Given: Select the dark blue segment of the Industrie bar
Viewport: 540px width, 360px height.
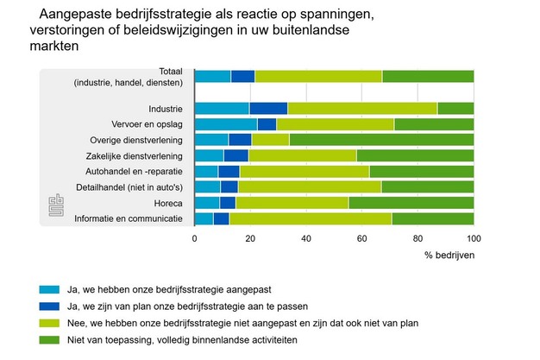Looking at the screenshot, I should (268, 108).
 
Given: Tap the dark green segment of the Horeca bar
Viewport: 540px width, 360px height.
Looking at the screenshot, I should (411, 202).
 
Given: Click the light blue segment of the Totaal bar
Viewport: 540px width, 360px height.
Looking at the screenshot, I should (212, 76).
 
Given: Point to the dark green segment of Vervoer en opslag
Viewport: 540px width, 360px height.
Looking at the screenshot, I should (434, 124).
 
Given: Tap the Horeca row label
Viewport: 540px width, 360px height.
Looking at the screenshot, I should (168, 203).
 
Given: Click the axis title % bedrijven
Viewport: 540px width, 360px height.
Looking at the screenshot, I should (449, 256).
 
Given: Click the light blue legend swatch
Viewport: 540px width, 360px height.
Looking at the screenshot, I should (49, 289).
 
